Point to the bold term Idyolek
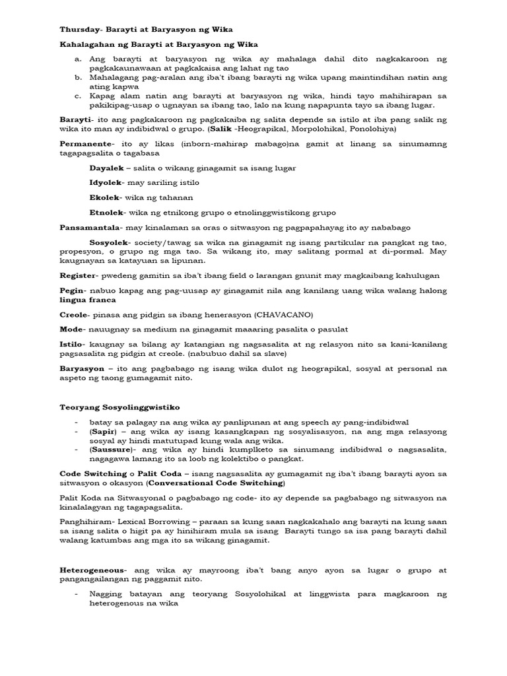coord(106,183)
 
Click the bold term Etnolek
coord(106,212)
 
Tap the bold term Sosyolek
coord(109,242)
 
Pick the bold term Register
coord(78,276)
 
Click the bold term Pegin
coord(71,290)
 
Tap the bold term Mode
coord(71,329)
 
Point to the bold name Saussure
coord(110,450)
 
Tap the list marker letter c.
coord(77,96)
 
